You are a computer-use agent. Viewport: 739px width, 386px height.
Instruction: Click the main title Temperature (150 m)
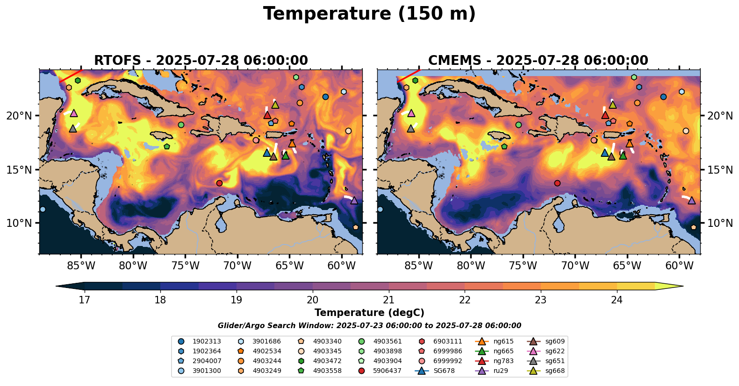[x=369, y=14]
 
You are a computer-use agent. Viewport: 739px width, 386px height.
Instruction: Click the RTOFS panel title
[x=201, y=61]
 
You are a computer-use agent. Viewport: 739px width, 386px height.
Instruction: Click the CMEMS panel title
[x=538, y=61]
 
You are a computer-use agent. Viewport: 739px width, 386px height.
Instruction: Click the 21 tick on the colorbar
[x=389, y=300]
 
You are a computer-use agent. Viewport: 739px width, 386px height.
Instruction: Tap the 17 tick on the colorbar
[x=84, y=300]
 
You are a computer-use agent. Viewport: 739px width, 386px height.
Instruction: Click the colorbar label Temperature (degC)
[x=369, y=313]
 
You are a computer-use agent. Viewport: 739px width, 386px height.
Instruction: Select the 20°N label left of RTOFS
[x=19, y=116]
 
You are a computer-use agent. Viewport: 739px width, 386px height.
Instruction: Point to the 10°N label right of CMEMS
[x=720, y=223]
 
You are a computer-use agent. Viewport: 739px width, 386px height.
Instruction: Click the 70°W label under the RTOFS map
[x=237, y=266]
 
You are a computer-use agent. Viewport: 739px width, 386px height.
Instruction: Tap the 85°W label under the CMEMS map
[x=418, y=266]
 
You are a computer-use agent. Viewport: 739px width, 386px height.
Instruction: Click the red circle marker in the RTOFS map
[x=219, y=183]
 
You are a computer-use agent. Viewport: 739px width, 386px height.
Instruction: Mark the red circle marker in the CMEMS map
[x=557, y=183]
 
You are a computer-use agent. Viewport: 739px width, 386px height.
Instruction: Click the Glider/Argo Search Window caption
[x=369, y=326]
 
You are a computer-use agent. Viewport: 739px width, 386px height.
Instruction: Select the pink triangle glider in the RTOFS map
[x=73, y=113]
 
